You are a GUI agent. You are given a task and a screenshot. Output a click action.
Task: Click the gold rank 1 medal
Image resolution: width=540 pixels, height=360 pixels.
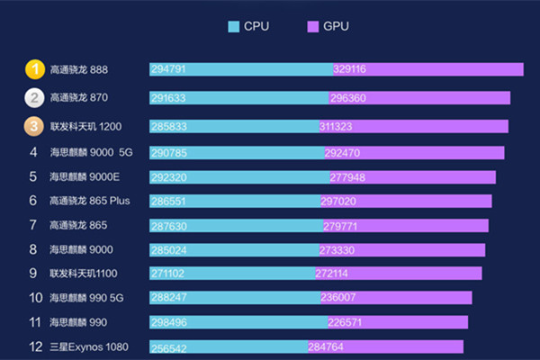[x=33, y=69]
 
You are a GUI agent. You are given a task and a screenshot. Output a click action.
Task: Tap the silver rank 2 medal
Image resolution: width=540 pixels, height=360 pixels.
[x=33, y=97]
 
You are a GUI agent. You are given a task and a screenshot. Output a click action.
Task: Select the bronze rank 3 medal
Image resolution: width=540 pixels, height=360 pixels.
[x=33, y=126]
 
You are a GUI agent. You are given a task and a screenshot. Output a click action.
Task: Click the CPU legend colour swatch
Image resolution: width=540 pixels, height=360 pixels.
[x=234, y=26]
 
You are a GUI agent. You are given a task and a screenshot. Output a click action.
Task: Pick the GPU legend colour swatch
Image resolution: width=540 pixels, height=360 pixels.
[x=313, y=26]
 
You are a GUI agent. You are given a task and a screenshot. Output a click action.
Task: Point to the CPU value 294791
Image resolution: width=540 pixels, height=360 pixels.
[x=169, y=69]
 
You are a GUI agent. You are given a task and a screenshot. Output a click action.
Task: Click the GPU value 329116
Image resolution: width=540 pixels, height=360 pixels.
[x=351, y=69]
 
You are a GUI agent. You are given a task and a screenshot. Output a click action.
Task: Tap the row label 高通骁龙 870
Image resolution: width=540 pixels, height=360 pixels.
[x=79, y=97]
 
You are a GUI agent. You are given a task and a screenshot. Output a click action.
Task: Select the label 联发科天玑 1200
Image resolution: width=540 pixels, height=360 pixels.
[x=85, y=126]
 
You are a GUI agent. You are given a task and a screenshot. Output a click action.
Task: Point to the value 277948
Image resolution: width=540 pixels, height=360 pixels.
[x=348, y=177]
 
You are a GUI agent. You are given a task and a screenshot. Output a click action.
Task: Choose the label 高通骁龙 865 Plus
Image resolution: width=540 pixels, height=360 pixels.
[x=90, y=201]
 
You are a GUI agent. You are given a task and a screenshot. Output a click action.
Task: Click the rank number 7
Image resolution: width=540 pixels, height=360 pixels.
[x=33, y=225]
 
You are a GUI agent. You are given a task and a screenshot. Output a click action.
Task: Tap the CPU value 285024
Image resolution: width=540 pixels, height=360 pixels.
[x=169, y=249]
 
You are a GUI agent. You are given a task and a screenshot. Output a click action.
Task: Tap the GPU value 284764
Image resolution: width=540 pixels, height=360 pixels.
[x=327, y=346]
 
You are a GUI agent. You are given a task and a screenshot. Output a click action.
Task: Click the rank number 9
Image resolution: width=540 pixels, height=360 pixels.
[x=33, y=273]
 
